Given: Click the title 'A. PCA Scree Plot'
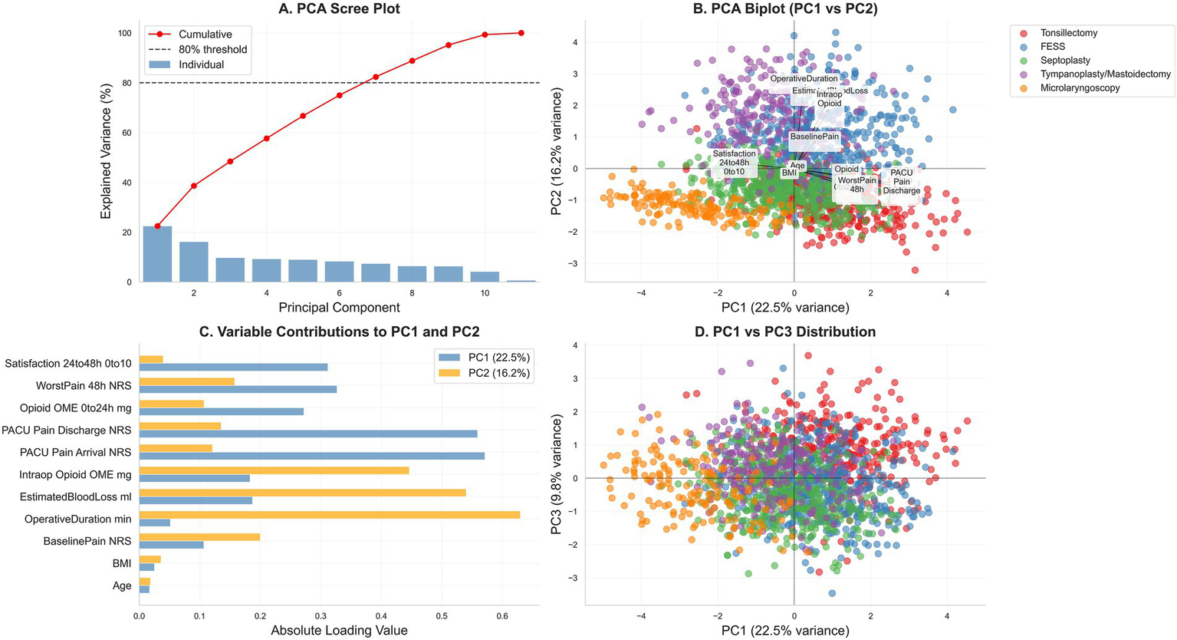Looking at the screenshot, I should coord(339,9).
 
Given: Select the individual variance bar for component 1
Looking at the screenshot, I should coord(157,254).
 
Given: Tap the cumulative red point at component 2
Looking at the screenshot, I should coord(194,186).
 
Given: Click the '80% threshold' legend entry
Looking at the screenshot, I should coord(212,49).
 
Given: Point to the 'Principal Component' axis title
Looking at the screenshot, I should coord(339,308).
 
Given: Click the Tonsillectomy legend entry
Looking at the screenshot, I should coord(1068,33).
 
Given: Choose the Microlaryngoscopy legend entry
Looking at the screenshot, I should coord(1080,88).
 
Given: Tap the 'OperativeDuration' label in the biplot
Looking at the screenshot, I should coord(804,78).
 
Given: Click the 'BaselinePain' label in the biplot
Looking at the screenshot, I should coord(814,137).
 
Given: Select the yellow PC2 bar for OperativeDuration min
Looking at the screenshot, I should coord(330,514).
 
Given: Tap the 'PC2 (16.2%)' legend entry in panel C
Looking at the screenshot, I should coord(499,374).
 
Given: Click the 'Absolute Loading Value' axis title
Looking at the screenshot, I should coord(339,631).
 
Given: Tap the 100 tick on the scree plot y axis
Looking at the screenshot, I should coord(124,33).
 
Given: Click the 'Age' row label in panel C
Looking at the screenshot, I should coord(122,586).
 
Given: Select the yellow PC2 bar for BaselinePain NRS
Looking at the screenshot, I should coord(199,536).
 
